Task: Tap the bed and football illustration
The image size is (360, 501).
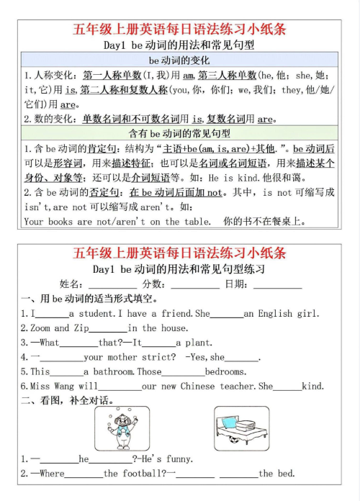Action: point(241,428)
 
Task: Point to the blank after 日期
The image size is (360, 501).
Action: point(277,285)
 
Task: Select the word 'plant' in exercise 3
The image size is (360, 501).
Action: point(193,343)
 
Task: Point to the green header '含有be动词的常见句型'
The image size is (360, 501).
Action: point(179,134)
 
